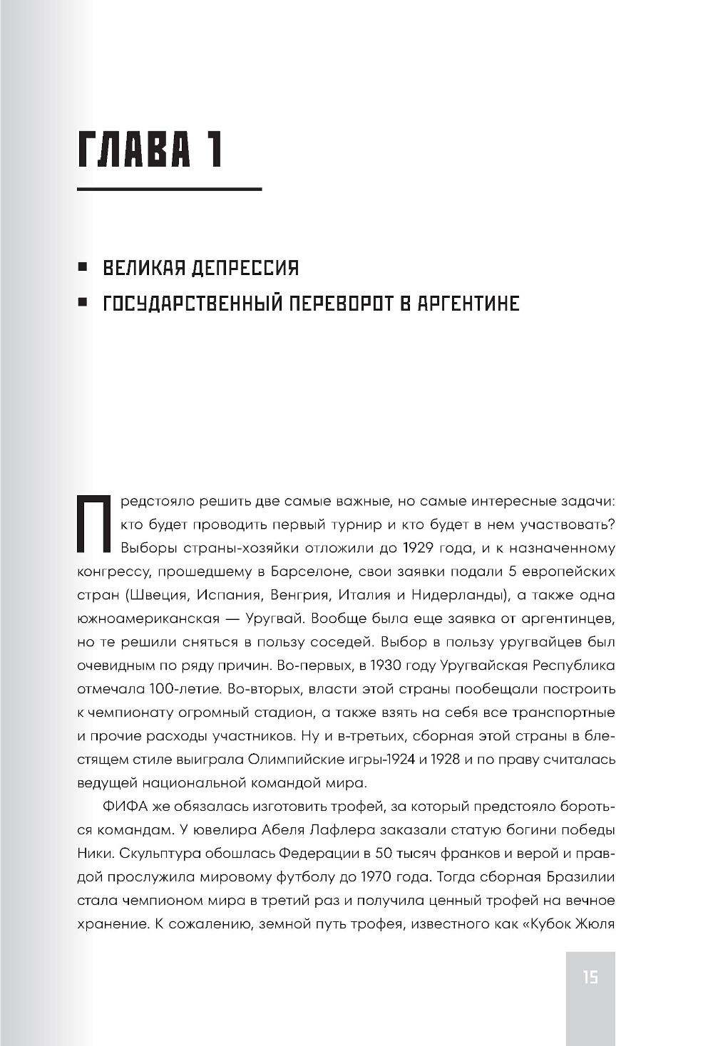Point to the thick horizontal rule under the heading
[169, 190]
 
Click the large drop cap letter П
[93, 525]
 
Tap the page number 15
[590, 977]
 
